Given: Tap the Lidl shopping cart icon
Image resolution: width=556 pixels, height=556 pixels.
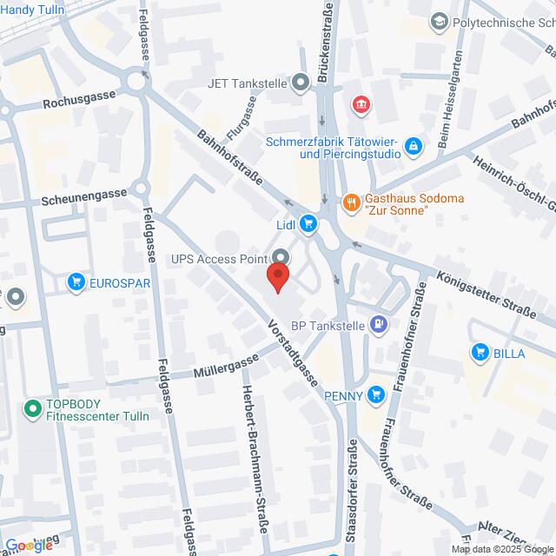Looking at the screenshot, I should (x=308, y=225).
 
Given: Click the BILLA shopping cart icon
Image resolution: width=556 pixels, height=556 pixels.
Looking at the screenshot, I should (x=479, y=352).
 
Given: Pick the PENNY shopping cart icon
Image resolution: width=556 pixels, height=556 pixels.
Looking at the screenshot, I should (x=375, y=395).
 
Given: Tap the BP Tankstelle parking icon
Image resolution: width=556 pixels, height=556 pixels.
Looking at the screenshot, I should (x=378, y=326).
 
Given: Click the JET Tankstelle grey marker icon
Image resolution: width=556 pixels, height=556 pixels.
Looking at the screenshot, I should (x=301, y=84).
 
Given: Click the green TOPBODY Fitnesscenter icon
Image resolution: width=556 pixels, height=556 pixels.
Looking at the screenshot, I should (x=32, y=407).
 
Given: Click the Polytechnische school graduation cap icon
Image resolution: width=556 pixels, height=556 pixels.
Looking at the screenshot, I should (x=440, y=21).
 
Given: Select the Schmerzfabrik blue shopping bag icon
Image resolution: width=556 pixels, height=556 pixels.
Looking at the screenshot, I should (x=415, y=146).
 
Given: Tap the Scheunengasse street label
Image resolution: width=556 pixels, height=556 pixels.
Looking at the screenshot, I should (x=81, y=198).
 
